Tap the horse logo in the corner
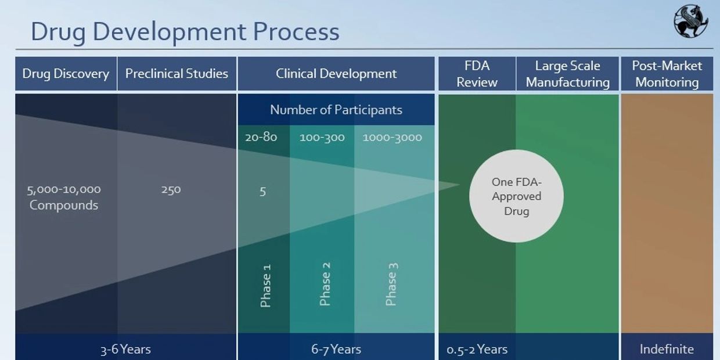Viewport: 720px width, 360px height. click(691, 21)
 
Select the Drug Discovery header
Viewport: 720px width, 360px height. click(66, 74)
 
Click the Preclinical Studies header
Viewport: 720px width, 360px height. click(177, 74)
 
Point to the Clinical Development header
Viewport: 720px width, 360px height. click(336, 74)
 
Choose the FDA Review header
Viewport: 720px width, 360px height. click(477, 74)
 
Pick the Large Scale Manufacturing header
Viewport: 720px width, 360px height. click(568, 74)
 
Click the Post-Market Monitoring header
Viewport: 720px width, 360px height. click(667, 74)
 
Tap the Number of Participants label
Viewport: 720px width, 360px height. click(336, 110)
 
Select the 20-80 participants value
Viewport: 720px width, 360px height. click(261, 137)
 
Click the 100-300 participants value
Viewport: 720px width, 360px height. click(322, 138)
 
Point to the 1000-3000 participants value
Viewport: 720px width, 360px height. click(392, 138)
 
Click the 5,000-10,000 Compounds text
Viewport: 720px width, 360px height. click(64, 197)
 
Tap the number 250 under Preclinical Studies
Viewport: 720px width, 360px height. click(171, 190)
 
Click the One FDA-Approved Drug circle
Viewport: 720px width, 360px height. click(516, 196)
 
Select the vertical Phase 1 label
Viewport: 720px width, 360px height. click(265, 286)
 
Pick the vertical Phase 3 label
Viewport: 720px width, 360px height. click(391, 284)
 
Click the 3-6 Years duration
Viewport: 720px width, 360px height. click(125, 350)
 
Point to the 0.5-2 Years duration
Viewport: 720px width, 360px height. click(477, 350)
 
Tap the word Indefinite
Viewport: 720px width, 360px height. click(667, 349)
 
